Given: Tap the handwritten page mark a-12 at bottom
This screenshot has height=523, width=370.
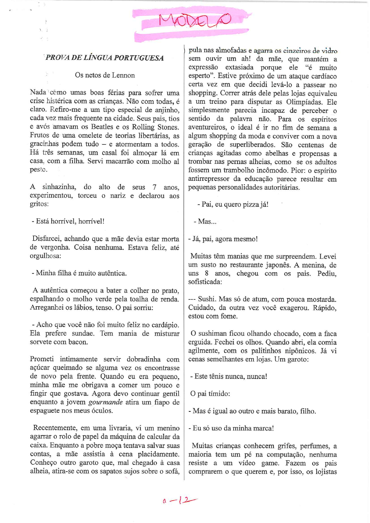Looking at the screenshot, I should point(180,500).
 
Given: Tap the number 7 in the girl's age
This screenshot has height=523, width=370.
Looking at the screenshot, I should point(154,187).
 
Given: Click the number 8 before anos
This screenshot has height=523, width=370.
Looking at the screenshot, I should point(207,273).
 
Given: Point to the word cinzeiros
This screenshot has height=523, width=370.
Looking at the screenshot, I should point(292,50).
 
